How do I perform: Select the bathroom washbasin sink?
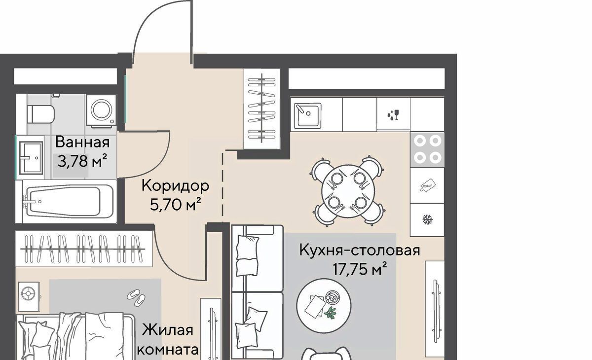[31, 158]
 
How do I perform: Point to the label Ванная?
[82, 142]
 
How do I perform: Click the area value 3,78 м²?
[82, 161]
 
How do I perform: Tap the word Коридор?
[175, 186]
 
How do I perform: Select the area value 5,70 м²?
[176, 204]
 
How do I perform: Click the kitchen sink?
[307, 115]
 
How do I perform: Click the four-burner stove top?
[427, 149]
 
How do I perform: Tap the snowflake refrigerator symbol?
[427, 220]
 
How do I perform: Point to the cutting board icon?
[427, 185]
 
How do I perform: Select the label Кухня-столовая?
[360, 250]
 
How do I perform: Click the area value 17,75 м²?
[360, 269]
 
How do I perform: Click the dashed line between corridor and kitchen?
[222, 187]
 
